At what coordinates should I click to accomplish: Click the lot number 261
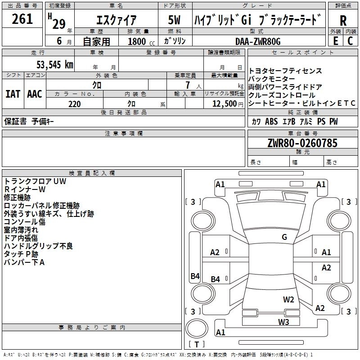[22, 19]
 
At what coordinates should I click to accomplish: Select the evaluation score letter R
[343, 21]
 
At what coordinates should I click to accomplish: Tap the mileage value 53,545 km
[55, 64]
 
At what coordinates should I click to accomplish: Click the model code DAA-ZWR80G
[258, 41]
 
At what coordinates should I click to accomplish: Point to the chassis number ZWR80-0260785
[302, 143]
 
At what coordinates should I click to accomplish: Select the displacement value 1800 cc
[141, 41]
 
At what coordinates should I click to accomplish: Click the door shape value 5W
[174, 20]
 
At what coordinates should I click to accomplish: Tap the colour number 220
[75, 104]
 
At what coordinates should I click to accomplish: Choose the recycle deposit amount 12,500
[224, 103]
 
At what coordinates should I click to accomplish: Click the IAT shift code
[13, 94]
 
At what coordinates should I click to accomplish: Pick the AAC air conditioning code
[35, 94]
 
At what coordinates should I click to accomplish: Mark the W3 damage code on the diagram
[283, 322]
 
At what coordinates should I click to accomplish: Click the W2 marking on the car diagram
[288, 299]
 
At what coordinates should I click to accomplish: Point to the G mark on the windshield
[284, 237]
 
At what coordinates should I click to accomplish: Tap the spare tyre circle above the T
[197, 328]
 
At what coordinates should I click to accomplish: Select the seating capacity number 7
[188, 85]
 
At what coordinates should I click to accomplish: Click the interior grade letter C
[350, 41]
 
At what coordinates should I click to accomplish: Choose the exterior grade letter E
[335, 41]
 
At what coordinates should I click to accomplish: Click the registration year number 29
[59, 24]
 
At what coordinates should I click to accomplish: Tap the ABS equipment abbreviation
[271, 121]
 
